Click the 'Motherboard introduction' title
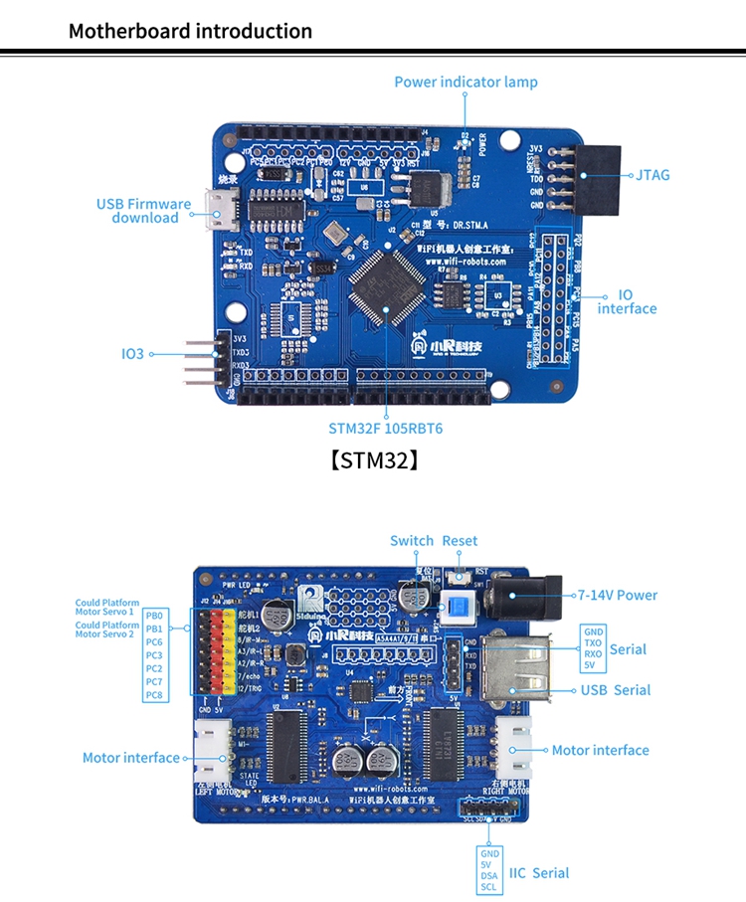click(190, 31)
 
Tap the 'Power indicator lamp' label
click(466, 82)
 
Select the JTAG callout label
click(653, 175)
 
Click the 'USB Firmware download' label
click(144, 211)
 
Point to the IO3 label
click(132, 353)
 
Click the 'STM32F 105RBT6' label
click(386, 429)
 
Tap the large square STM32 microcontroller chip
click(387, 281)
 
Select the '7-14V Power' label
click(618, 595)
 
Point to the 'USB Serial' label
click(617, 690)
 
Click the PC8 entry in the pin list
click(154, 695)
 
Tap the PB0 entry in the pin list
click(154, 615)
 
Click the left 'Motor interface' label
click(131, 758)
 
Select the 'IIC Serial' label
click(539, 873)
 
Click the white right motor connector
click(514, 751)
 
